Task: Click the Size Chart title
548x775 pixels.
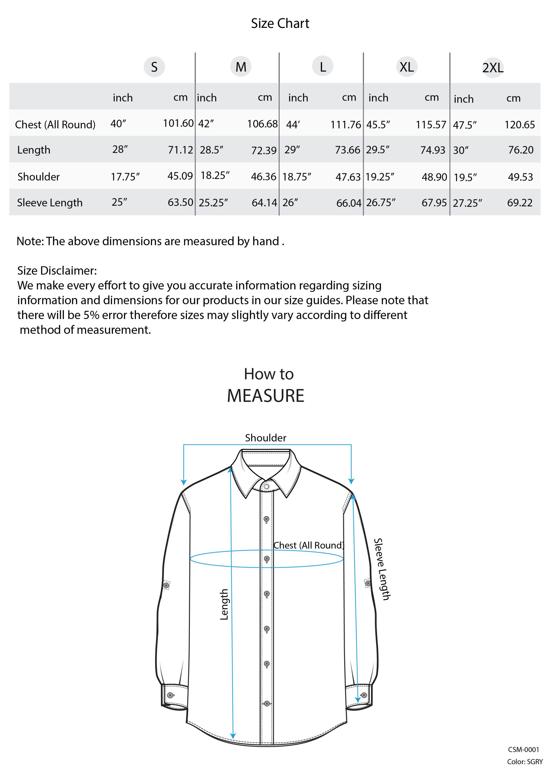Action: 280,23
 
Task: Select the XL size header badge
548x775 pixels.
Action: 407,67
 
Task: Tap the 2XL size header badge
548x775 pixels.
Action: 493,68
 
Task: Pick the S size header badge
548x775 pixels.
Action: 154,67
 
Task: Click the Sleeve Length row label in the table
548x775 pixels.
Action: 50,203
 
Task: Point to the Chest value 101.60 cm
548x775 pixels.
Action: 178,123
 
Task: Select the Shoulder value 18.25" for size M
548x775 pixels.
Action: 215,176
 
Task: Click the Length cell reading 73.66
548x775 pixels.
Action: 348,150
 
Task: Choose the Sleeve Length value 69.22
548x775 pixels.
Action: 520,203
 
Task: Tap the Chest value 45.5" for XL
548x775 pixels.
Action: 378,124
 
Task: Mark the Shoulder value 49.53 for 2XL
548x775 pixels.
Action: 520,177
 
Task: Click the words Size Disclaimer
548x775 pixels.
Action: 57,270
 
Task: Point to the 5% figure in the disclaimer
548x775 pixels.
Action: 91,315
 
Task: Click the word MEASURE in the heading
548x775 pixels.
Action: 266,396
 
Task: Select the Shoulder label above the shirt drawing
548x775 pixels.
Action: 266,438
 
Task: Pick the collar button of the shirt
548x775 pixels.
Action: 266,486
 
